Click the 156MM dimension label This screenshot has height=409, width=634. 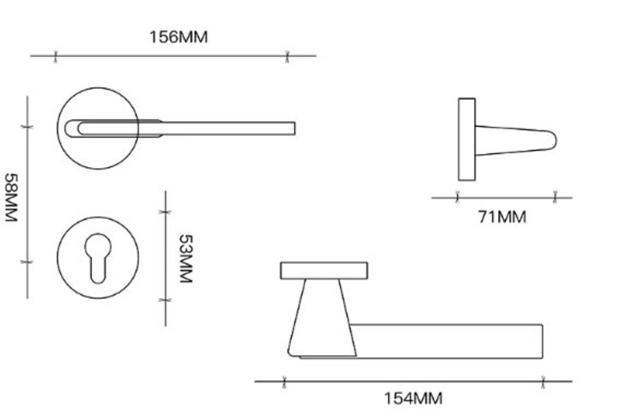click(178, 37)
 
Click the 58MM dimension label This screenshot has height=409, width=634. click(11, 197)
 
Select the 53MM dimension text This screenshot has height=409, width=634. click(186, 258)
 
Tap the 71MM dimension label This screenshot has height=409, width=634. click(502, 217)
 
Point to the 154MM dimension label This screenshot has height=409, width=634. click(413, 398)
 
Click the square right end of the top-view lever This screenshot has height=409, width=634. click(291, 129)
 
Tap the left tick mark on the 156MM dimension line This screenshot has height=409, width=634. click(55, 56)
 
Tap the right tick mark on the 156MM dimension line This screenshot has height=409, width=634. click(287, 56)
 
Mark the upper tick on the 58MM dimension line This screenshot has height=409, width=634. click(27, 127)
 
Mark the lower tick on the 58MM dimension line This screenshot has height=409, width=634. click(27, 262)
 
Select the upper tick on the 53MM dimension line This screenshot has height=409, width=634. click(165, 212)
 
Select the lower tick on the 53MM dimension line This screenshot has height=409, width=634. click(165, 300)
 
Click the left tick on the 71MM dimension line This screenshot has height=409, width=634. click(458, 197)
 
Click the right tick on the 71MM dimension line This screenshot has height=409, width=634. click(555, 197)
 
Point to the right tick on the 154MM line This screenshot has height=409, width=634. click(543, 381)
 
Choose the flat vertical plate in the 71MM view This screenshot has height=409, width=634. click(466, 139)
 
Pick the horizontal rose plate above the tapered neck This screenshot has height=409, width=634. click(324, 270)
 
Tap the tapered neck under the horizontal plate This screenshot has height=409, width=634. click(322, 316)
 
